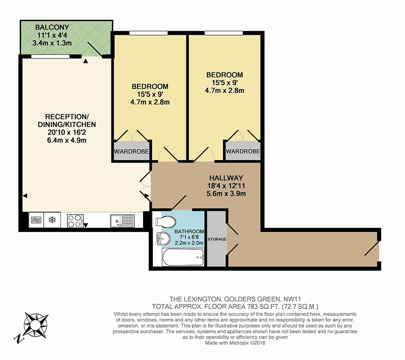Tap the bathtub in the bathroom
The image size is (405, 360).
(x=183, y=257)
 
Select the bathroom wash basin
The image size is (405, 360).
(x=162, y=239)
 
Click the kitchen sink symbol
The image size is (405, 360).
(x=122, y=221)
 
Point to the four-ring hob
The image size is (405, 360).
(x=75, y=221)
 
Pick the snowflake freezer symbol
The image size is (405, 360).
(x=52, y=220)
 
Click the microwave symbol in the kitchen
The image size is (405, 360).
(x=36, y=220)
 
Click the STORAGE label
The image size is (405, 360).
(x=217, y=239)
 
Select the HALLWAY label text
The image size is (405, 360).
(x=226, y=178)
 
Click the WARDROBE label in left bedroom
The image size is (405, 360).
(x=131, y=152)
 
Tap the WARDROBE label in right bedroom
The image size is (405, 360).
(x=243, y=151)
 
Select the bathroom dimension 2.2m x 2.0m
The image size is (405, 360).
(x=189, y=243)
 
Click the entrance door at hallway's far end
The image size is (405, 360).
(x=372, y=249)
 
